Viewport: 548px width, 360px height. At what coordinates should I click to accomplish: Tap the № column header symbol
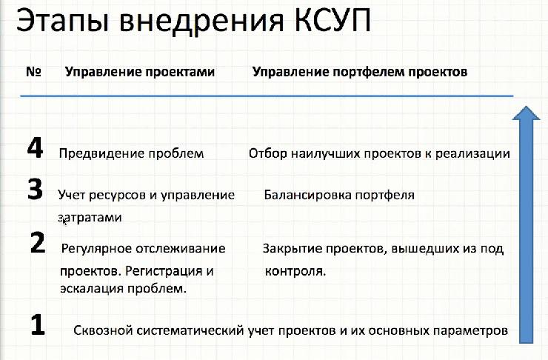[x=33, y=72]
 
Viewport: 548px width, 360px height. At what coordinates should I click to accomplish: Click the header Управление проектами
[x=140, y=72]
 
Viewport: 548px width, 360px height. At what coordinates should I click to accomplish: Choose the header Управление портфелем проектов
[x=360, y=72]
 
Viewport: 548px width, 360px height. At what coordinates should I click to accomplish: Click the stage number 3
[x=34, y=190]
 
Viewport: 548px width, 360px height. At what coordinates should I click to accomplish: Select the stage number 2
[x=37, y=242]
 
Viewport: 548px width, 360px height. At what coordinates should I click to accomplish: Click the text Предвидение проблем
[x=132, y=154]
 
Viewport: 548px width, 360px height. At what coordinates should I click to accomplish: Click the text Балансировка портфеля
[x=338, y=196]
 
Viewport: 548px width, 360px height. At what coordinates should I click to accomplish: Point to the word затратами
[x=89, y=218]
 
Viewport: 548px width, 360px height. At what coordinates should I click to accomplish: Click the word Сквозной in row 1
[x=101, y=331]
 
